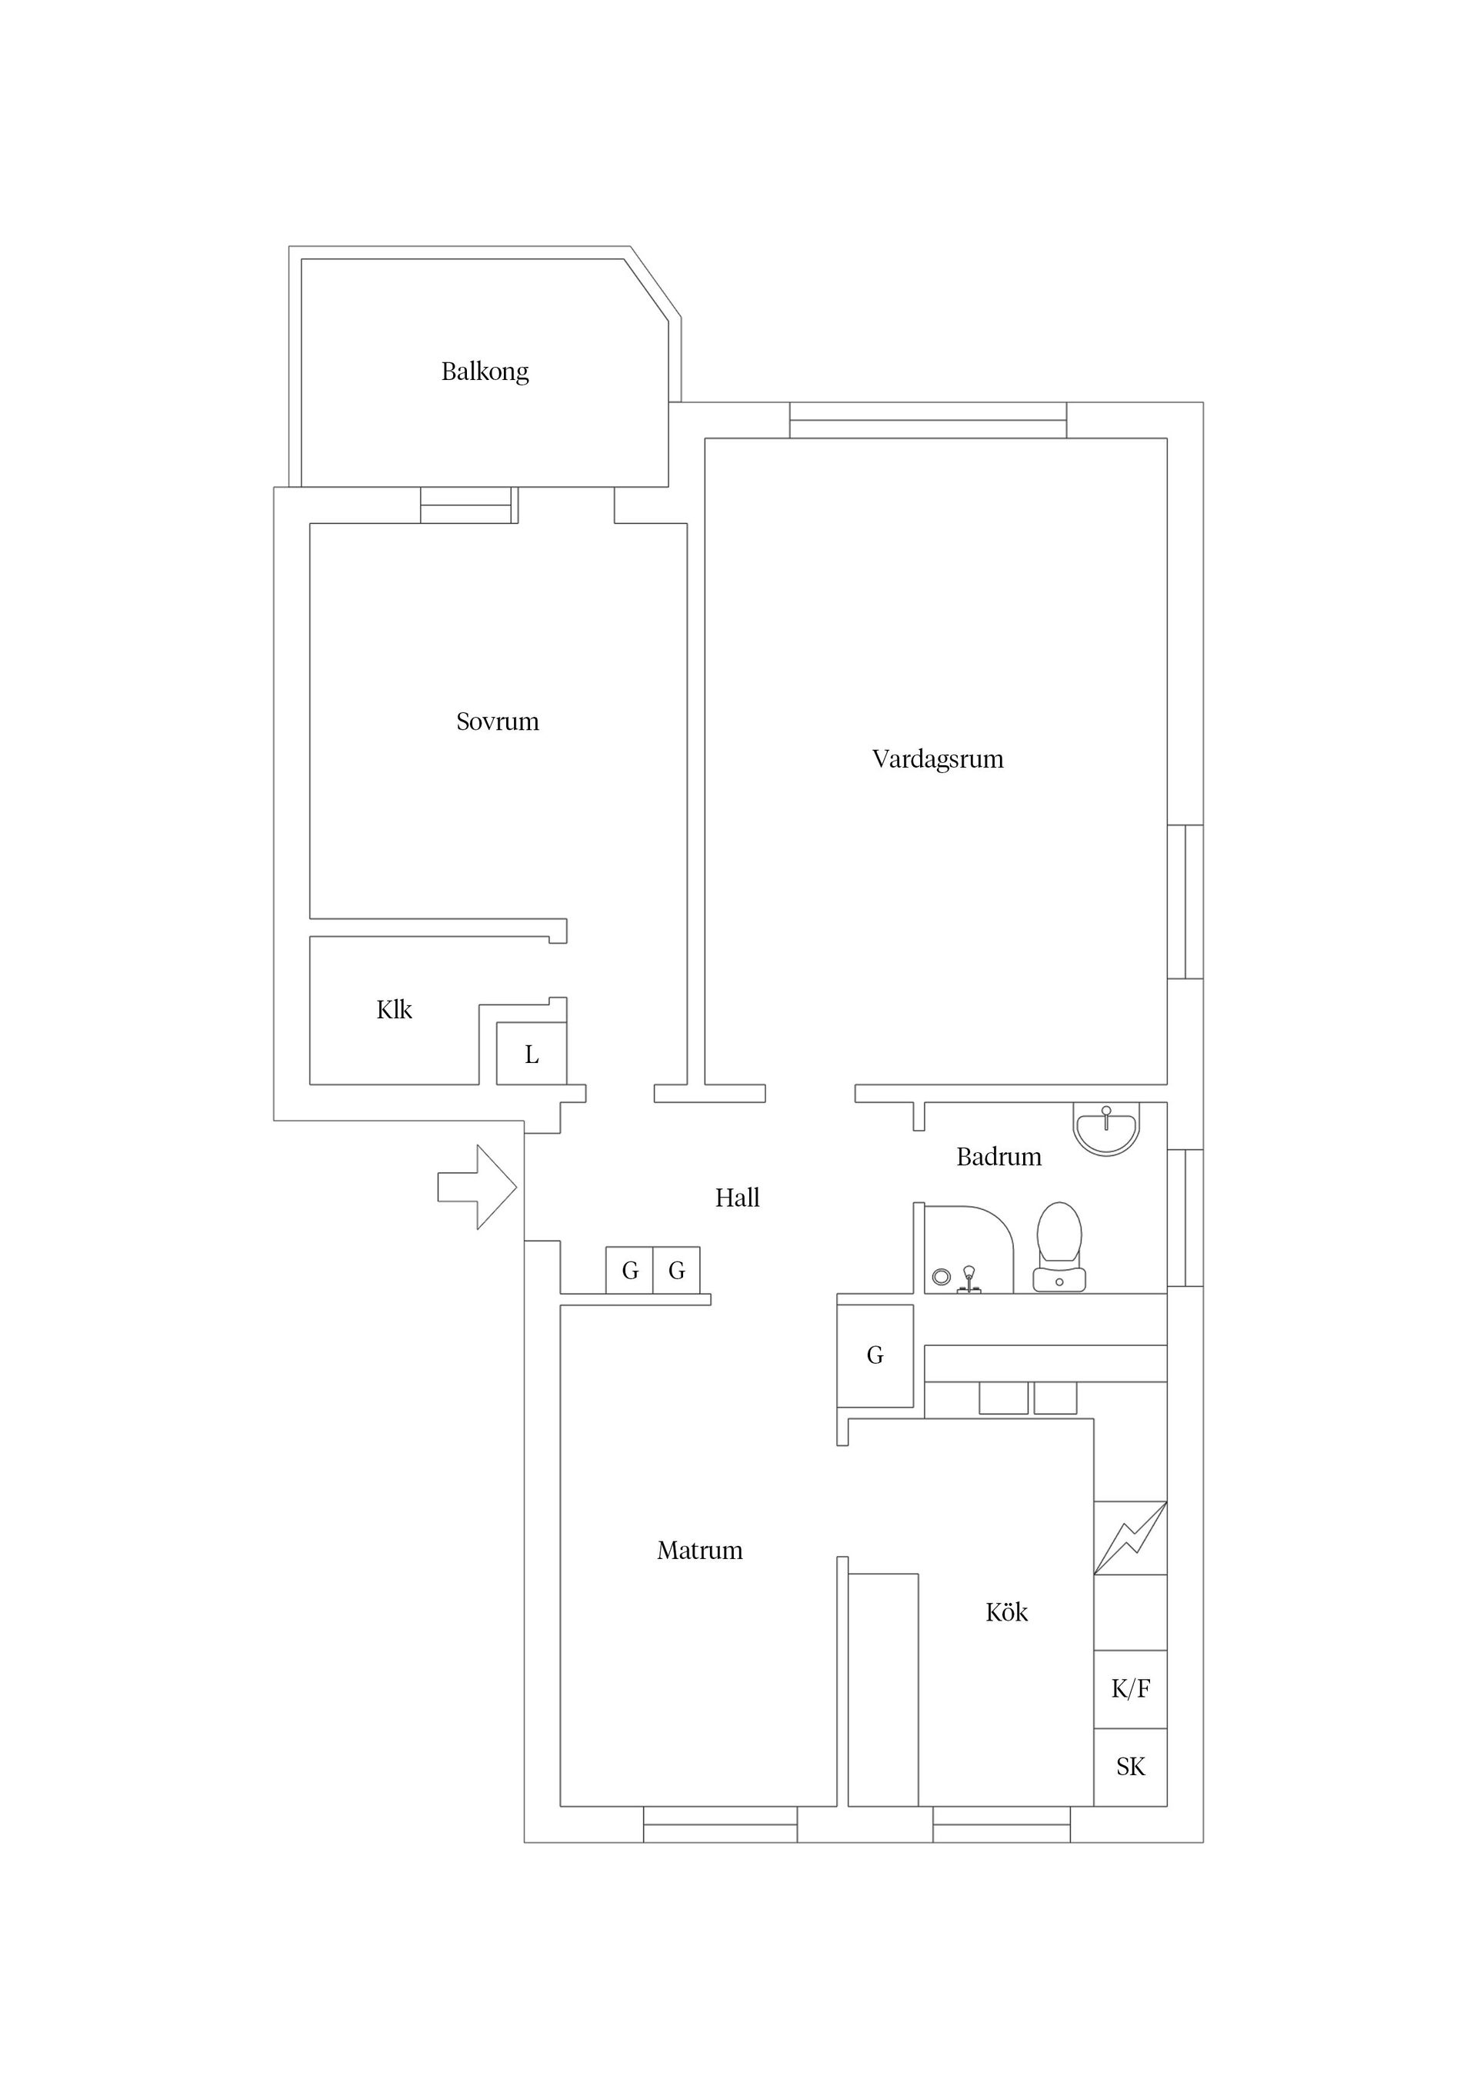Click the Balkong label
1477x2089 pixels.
485,372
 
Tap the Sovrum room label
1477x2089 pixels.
498,721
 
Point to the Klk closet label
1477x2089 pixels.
394,1009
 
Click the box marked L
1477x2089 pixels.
532,1054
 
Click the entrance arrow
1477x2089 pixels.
478,1188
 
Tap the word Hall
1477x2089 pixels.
737,1198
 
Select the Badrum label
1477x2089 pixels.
999,1158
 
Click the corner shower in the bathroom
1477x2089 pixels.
969,1249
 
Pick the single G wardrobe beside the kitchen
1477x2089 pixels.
875,1356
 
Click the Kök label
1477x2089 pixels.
1006,1638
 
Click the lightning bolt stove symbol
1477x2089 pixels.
1130,1538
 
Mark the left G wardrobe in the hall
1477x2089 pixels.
630,1270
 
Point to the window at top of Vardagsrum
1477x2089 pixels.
929,421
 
